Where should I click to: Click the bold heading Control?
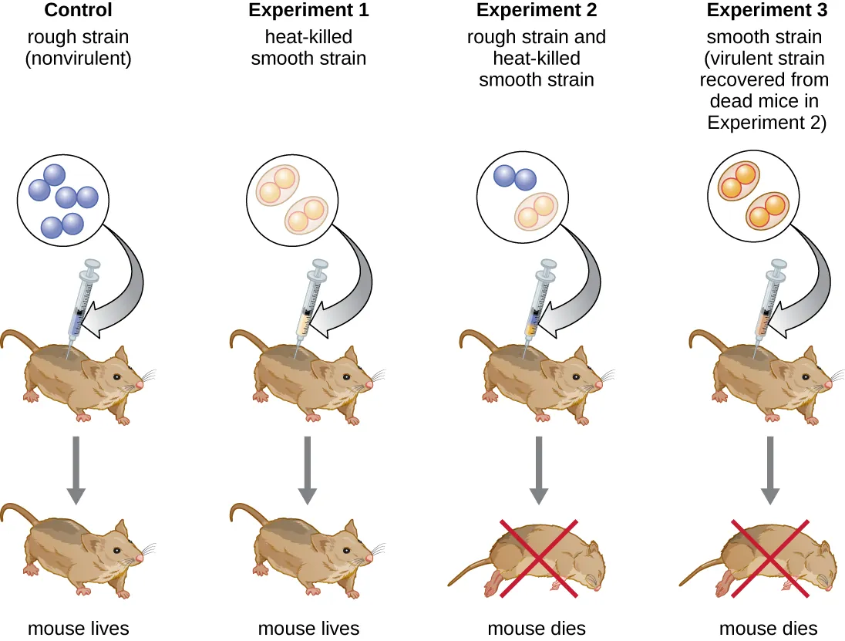[78, 11]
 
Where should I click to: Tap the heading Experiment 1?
[308, 11]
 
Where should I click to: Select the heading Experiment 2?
[536, 11]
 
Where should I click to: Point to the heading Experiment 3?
[766, 11]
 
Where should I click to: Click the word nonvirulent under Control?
[78, 59]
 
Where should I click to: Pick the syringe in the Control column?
[82, 301]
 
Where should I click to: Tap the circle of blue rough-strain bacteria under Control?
[63, 201]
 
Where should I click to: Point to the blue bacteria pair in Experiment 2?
[514, 179]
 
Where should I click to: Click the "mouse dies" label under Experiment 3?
[768, 629]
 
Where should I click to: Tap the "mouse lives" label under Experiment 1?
[308, 629]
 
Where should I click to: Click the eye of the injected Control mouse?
[116, 377]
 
